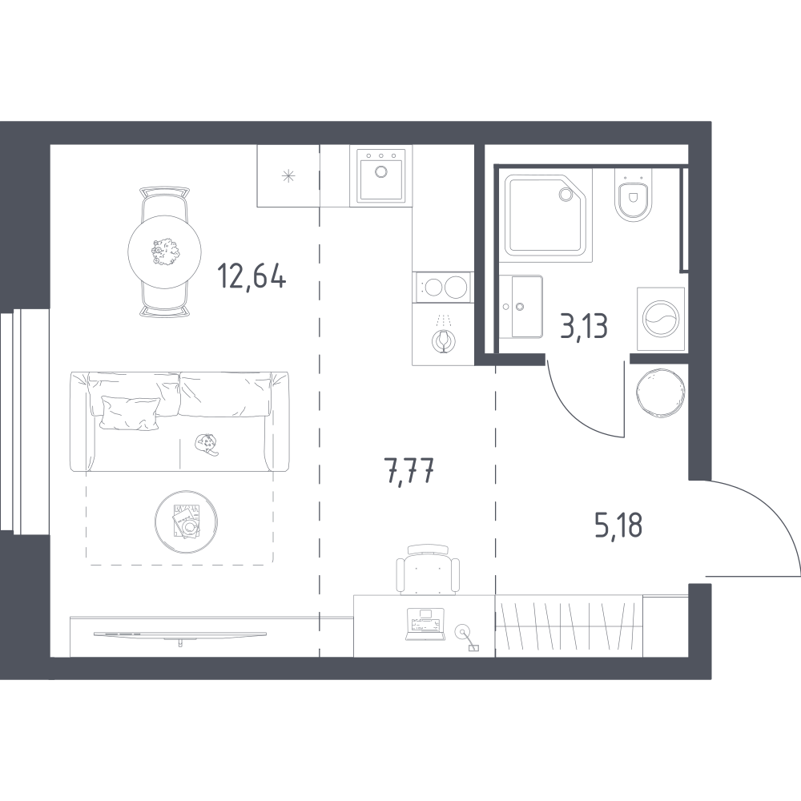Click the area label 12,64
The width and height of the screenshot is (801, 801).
(x=252, y=279)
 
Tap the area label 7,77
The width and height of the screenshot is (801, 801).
(x=410, y=473)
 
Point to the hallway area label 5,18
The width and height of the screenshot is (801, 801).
(x=618, y=526)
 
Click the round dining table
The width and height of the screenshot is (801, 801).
(x=166, y=252)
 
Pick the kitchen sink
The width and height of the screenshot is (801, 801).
(x=380, y=175)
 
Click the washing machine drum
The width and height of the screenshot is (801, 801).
(x=660, y=318)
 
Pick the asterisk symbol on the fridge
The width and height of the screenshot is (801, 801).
(x=288, y=175)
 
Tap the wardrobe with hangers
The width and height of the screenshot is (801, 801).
(x=570, y=625)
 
